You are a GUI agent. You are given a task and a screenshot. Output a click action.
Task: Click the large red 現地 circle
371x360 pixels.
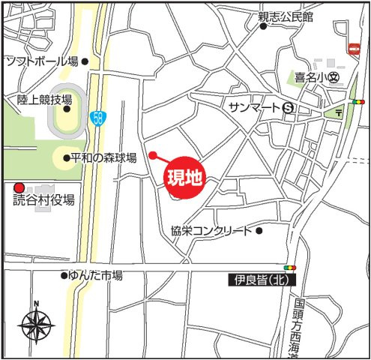184,178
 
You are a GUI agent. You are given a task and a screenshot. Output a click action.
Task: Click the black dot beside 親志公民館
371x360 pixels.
263,26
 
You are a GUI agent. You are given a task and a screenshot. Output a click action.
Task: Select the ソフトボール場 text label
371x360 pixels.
41,61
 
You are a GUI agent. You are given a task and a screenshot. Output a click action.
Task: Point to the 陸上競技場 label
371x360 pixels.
45,99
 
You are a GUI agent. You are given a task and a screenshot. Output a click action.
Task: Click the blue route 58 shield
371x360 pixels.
97,118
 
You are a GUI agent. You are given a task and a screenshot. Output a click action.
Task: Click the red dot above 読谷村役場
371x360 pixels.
19,187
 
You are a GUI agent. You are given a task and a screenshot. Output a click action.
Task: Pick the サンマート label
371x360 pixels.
255,108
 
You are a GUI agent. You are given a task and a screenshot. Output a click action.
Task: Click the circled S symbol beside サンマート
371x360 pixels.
288,108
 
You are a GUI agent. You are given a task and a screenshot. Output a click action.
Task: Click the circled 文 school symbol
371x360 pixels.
334,76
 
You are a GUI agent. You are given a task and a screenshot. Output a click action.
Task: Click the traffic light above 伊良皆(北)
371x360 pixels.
289,267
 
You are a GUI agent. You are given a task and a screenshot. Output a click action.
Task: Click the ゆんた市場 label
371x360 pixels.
95,275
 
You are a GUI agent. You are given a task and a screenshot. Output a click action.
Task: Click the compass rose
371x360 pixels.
35,325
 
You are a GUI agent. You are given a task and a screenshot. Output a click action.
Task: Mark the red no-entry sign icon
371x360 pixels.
355,48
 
